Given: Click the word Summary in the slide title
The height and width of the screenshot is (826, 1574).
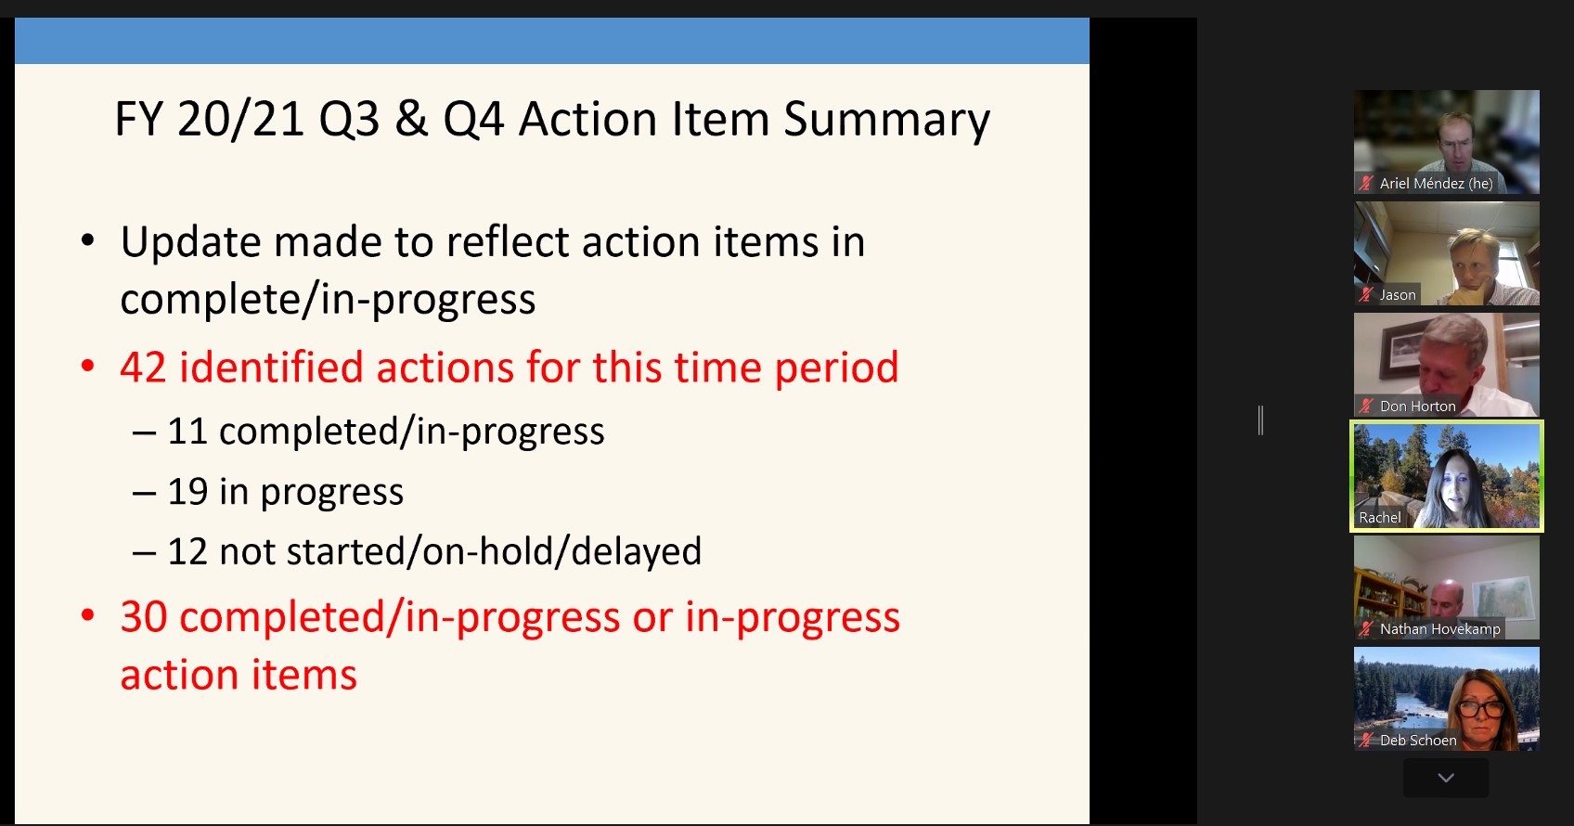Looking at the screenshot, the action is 886,121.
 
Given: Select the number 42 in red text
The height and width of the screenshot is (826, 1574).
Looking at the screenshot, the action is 143,367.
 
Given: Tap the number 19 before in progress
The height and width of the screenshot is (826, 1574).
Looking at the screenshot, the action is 187,491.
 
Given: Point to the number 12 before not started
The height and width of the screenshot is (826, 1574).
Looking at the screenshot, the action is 187,551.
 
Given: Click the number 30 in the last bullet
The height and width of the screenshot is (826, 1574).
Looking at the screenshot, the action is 143,616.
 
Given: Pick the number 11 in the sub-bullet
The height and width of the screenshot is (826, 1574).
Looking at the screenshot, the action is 187,431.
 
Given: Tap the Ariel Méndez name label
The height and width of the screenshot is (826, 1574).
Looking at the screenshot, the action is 1437,184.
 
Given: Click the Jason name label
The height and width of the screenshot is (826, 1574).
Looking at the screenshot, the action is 1398,295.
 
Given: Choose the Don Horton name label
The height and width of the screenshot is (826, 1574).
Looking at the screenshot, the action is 1417,407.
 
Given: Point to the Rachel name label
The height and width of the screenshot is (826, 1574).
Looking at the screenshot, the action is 1379,518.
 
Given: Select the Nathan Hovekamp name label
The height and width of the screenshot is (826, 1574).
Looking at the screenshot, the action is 1439,629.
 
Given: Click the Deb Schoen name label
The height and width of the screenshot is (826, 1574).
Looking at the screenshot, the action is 1418,741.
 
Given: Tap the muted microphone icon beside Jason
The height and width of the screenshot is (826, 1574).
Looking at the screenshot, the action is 1365,295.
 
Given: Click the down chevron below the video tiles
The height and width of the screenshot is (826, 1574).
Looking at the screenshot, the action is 1445,778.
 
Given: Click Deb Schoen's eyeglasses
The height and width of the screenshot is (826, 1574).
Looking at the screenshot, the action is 1481,709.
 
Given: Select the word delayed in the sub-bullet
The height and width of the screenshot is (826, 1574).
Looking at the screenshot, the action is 636,552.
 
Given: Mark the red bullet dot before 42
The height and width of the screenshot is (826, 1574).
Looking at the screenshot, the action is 88,367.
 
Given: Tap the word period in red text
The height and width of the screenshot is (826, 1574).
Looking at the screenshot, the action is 836,368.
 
